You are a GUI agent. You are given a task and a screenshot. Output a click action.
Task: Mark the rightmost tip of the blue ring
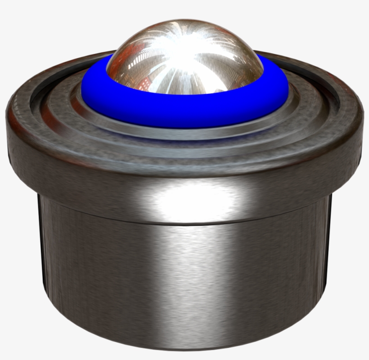(x=286, y=92)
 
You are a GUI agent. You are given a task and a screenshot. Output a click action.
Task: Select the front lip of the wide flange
(x=184, y=169)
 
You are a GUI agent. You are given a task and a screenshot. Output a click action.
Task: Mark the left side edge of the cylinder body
(x=41, y=261)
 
